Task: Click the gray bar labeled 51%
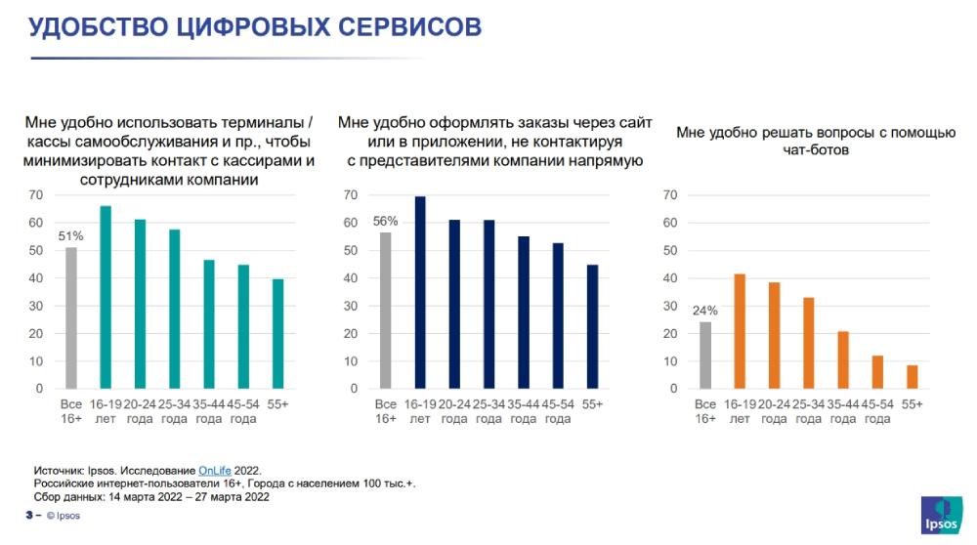tap(71, 317)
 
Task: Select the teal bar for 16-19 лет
tap(106, 297)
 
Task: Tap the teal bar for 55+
tap(277, 333)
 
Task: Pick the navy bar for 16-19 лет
tap(420, 292)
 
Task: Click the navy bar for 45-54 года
tap(558, 315)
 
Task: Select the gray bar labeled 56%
tap(386, 310)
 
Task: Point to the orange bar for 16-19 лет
tap(740, 331)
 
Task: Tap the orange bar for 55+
tap(913, 376)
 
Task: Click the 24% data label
tap(705, 311)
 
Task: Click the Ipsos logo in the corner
tap(942, 516)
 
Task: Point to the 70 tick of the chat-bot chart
tap(670, 195)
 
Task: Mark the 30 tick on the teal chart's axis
tap(35, 306)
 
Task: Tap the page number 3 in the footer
tap(28, 516)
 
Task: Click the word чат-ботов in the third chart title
tap(817, 151)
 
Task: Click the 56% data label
tap(386, 221)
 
